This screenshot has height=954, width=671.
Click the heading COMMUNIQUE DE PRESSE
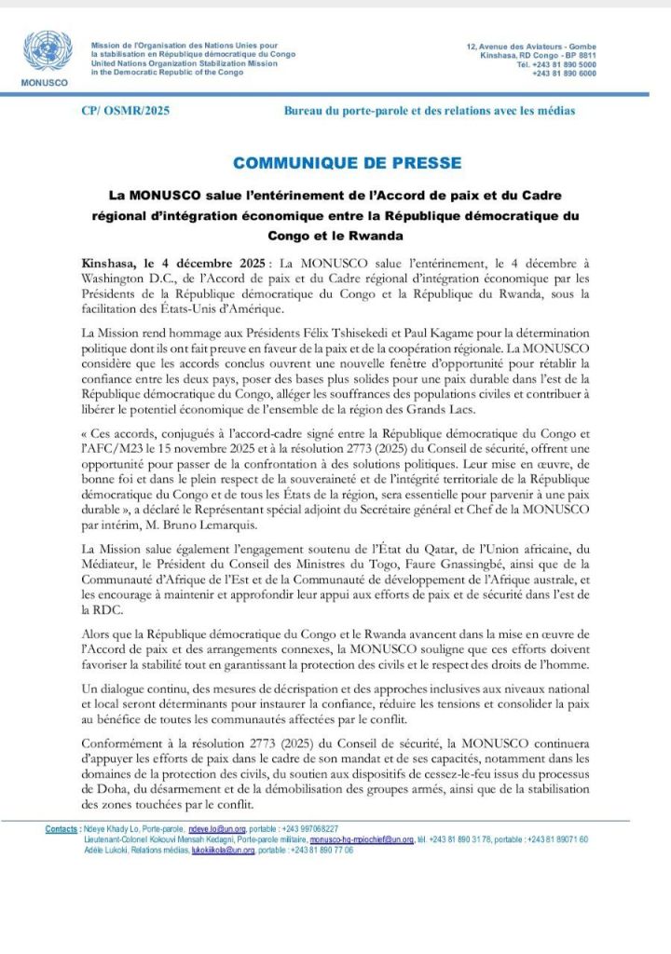[x=347, y=163]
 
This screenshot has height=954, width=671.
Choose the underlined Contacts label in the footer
[x=62, y=829]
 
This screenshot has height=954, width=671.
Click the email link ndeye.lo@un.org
[x=215, y=829]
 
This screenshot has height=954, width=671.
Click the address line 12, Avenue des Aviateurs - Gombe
[x=531, y=47]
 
